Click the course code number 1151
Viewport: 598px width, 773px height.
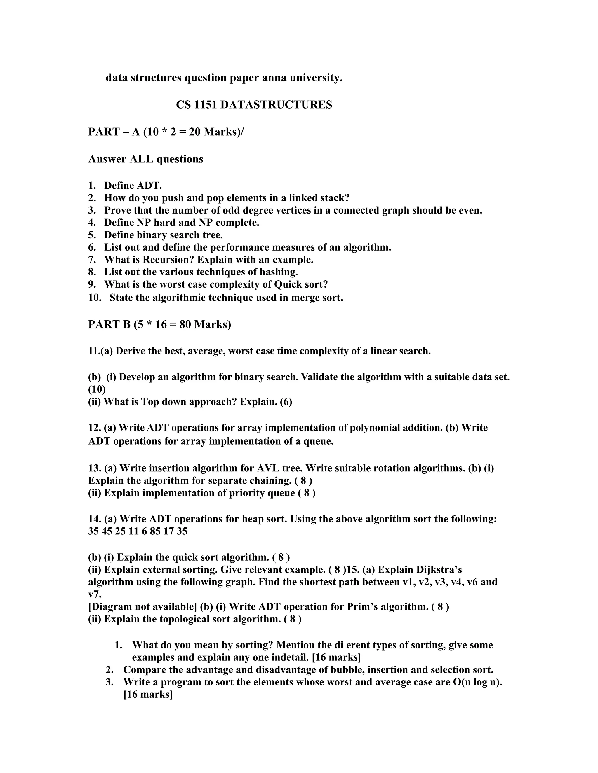coord(206,105)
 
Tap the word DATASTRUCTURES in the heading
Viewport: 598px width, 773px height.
coord(276,105)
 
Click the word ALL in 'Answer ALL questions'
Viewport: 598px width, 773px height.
coord(141,159)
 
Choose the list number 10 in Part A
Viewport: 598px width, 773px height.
coord(95,298)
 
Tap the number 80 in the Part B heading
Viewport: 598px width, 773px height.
coord(185,324)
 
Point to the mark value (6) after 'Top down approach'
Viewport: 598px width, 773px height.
coord(286,402)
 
